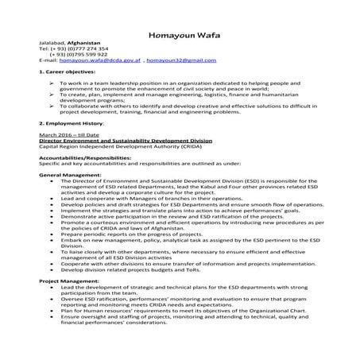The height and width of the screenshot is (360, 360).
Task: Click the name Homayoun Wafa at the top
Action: click(180, 35)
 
